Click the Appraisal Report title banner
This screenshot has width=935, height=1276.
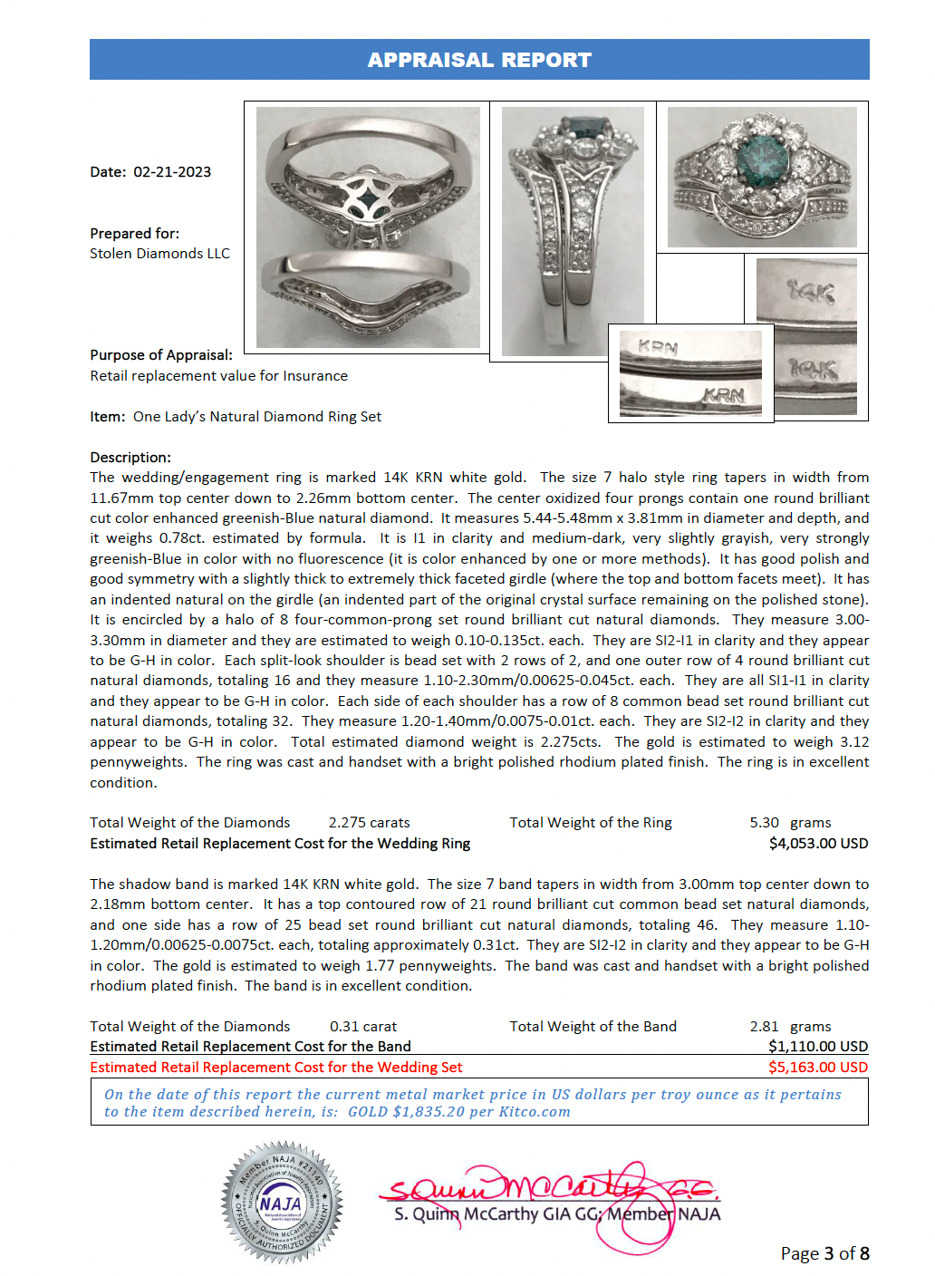[x=479, y=60]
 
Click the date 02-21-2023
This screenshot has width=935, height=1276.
[x=172, y=172]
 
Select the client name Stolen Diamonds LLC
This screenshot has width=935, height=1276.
[x=159, y=254]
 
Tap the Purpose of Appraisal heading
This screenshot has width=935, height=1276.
[x=161, y=355]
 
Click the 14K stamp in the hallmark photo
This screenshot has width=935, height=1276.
[x=811, y=292]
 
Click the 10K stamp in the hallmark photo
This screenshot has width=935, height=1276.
[x=813, y=369]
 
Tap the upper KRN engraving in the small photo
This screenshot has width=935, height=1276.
[x=658, y=347]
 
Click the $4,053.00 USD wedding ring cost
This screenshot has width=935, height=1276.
[x=818, y=844]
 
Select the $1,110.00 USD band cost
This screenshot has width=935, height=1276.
[x=818, y=1047]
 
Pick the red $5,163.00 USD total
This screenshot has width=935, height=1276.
[x=818, y=1068]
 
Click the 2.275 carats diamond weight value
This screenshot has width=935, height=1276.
[x=369, y=823]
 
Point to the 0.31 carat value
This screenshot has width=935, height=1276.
[x=363, y=1027]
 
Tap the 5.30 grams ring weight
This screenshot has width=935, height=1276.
[x=790, y=823]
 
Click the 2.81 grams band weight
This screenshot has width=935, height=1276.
[x=790, y=1027]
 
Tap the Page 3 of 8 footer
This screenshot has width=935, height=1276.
[x=824, y=1253]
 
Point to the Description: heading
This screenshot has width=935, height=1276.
[x=130, y=458]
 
